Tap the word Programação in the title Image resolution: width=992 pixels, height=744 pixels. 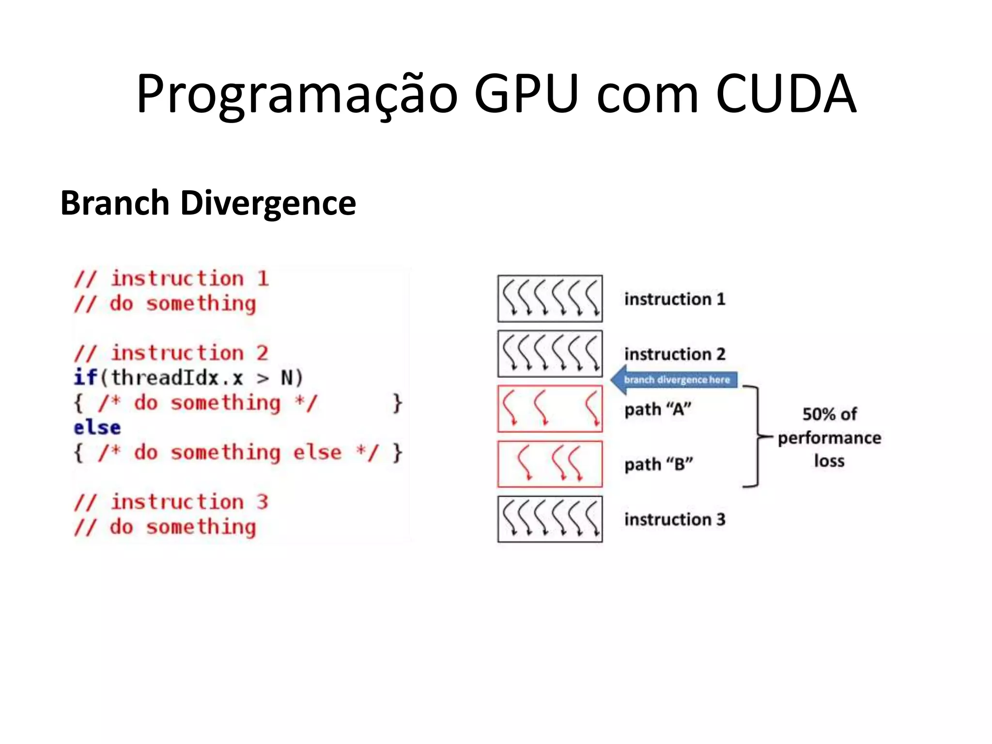coord(296,94)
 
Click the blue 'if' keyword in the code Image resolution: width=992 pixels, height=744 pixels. coord(85,377)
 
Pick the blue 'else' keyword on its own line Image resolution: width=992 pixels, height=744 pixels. coord(97,428)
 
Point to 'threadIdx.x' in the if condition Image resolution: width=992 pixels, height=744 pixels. coord(177,378)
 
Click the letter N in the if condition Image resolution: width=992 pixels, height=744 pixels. coord(287,378)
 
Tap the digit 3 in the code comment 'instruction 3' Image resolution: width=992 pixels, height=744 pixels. coord(262,502)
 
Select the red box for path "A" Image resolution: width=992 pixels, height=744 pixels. coord(550,409)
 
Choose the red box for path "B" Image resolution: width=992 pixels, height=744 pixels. coord(550,464)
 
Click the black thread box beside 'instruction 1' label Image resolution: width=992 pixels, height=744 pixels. coord(550,298)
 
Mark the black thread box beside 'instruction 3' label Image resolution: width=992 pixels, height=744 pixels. coord(550,519)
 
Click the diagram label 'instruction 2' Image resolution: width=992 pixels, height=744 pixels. coord(675,354)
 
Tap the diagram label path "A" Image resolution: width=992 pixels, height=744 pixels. coord(658,410)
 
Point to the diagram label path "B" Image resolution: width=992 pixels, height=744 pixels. coord(659,465)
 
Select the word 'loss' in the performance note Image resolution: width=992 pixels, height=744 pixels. coord(829,461)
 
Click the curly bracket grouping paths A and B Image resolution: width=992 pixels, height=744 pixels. coord(756,436)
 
